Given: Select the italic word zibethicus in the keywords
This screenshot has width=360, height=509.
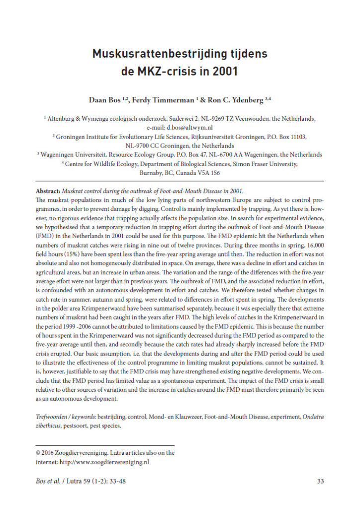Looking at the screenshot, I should (51, 425).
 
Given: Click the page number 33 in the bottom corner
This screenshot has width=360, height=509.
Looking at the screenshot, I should (320, 481).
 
